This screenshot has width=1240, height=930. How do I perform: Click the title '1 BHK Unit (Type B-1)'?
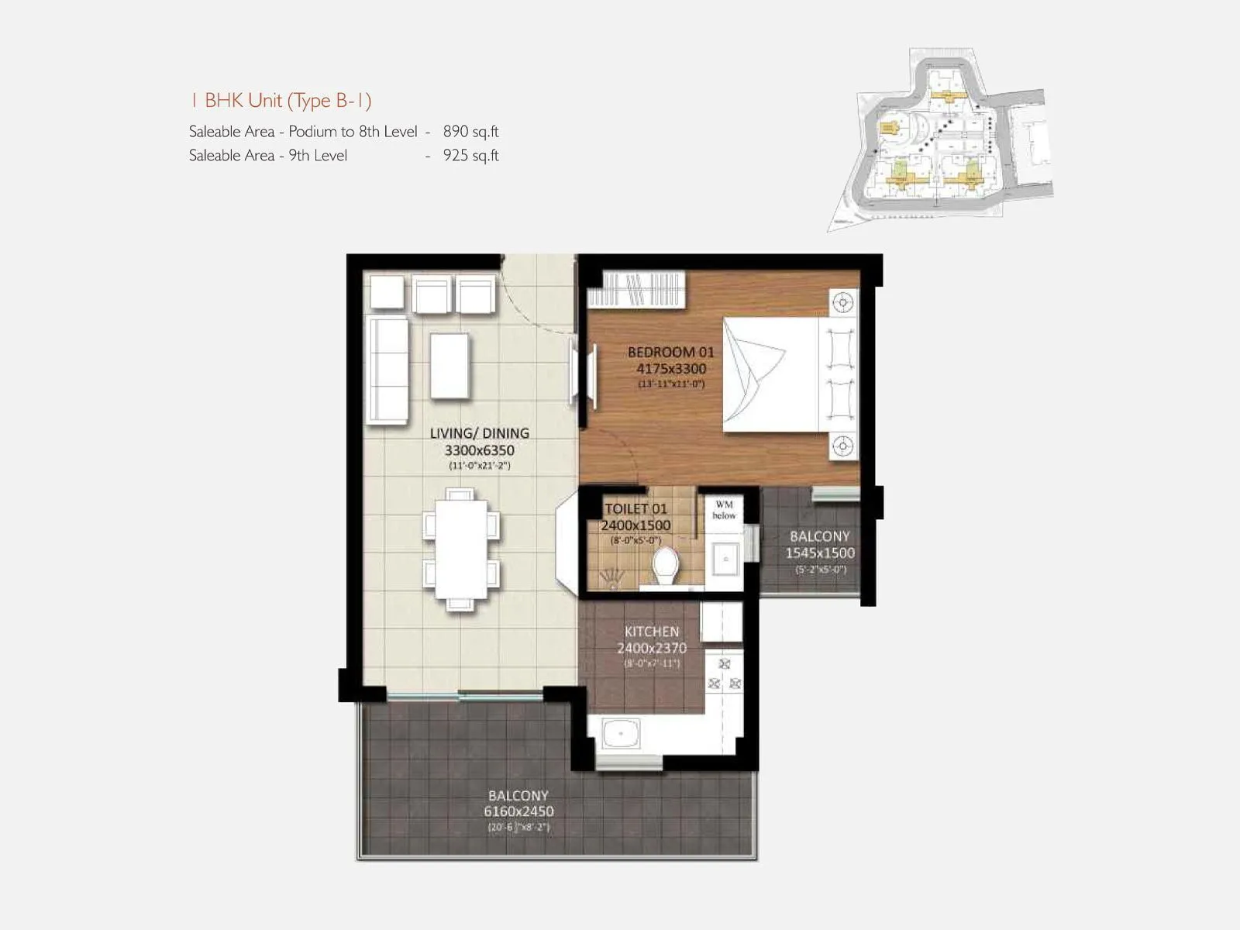pos(281,101)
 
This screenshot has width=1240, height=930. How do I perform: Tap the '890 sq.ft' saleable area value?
pos(470,132)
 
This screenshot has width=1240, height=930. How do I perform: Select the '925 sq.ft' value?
pos(470,156)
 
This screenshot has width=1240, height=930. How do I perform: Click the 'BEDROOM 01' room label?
pos(670,352)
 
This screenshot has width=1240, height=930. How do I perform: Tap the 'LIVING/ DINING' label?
pos(479,433)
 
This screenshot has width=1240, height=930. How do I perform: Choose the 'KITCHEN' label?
pos(651,632)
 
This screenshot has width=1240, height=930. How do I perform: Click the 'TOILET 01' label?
pos(635,509)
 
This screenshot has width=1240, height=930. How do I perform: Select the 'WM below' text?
pos(724,510)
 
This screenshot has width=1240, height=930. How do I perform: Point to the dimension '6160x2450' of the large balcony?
pos(518,811)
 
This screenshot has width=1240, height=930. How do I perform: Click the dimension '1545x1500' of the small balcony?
pos(819,553)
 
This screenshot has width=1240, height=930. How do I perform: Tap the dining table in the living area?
pos(461,549)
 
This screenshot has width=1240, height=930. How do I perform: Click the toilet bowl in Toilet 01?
pos(665,567)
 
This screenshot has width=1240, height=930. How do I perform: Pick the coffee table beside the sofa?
pos(449,365)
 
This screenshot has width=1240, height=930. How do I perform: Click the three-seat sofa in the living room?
pos(387,369)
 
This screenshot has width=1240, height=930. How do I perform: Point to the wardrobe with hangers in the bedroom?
pos(637,288)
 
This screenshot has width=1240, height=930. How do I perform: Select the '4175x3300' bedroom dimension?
pos(670,369)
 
